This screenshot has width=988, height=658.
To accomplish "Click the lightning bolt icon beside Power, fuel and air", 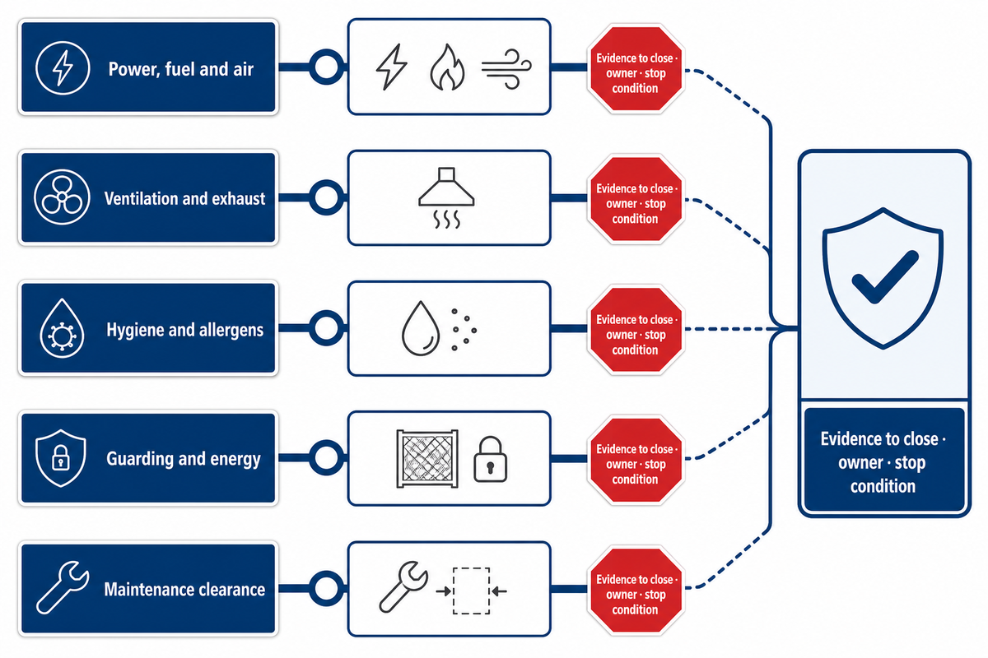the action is (63, 68).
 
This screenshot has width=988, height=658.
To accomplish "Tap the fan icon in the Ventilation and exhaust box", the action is (62, 197).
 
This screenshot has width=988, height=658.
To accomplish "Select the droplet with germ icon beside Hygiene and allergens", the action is (62, 328).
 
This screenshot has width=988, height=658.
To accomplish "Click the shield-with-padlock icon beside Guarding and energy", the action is (60, 458).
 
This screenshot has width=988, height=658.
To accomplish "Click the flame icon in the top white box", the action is (447, 67).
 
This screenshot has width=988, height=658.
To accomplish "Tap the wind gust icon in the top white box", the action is (506, 69).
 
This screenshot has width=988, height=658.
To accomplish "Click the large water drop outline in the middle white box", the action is (421, 328).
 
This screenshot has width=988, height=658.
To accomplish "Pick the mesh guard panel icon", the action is (427, 459).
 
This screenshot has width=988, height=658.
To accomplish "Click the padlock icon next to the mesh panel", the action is (490, 459).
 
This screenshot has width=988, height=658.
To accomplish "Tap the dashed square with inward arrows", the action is (472, 591).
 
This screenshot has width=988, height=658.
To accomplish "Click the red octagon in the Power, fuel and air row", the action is (636, 69).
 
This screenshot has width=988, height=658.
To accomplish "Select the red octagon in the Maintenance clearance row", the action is (636, 591).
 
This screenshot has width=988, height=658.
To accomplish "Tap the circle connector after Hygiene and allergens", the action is (326, 328).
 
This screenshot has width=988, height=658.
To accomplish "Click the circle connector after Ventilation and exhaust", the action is (326, 197).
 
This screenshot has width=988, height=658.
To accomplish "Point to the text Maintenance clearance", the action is (184, 590).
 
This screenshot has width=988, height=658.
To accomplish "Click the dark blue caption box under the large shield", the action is (884, 459).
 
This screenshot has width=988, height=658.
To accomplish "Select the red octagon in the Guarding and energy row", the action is (636, 460).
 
